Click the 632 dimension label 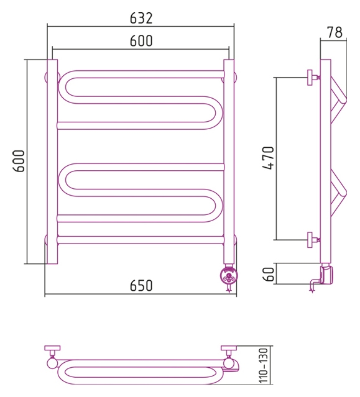141,18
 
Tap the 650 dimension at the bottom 141,285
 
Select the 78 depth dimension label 335,32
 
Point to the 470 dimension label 269,158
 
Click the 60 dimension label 269,274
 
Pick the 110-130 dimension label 264,365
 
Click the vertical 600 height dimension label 19,161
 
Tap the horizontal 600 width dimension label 141,41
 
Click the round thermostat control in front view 229,275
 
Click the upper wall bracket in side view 313,78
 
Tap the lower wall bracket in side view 313,240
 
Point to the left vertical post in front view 52,162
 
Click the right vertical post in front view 229,162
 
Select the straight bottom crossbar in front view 141,240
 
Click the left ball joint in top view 52,363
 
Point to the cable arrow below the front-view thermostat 229,288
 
